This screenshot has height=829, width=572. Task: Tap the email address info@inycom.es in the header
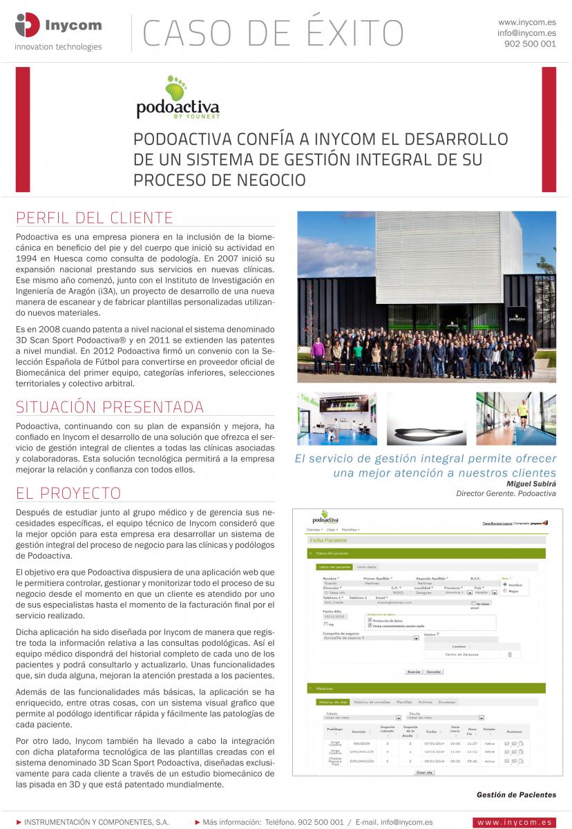(526, 32)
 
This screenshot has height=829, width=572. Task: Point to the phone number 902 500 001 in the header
(531, 44)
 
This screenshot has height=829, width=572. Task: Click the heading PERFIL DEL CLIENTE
(94, 218)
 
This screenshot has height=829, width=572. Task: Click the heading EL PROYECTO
(68, 493)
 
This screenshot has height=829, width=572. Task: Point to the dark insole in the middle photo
(425, 433)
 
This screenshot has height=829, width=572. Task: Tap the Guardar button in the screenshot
(414, 671)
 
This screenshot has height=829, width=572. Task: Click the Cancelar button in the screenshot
(434, 671)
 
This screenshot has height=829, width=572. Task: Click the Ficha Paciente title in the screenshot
(329, 540)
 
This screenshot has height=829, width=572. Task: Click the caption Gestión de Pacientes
(516, 794)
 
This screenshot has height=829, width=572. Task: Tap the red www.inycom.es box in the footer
(515, 822)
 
